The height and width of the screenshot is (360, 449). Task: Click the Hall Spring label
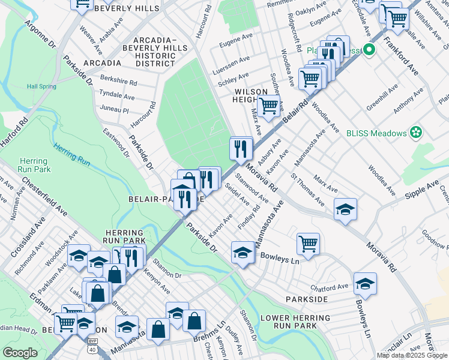tap(41, 86)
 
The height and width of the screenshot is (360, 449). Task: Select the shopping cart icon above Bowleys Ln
tap(308, 244)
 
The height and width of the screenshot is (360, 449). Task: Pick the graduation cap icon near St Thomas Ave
tap(345, 209)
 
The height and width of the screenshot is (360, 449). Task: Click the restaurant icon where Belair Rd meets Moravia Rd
tap(241, 147)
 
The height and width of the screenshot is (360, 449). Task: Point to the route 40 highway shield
tap(92, 349)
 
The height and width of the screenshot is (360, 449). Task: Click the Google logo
tap(20, 353)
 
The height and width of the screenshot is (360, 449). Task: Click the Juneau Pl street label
tap(114, 110)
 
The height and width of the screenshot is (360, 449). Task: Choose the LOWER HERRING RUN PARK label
tap(289, 321)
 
